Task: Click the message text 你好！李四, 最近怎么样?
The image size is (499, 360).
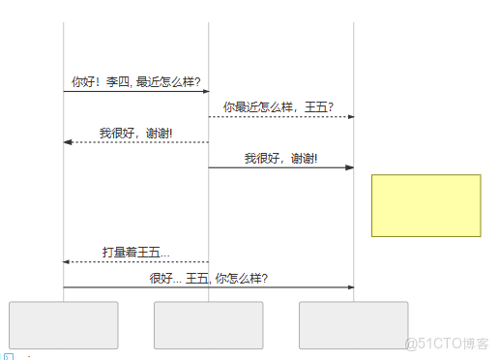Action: [x=136, y=82]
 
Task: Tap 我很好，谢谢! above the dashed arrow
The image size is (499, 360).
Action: [x=136, y=133]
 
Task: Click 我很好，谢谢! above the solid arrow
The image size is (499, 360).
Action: [x=280, y=158]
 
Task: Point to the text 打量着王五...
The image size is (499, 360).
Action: [x=136, y=253]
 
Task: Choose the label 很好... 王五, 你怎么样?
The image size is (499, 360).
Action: [x=209, y=278]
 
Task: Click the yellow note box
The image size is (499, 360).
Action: [x=426, y=205]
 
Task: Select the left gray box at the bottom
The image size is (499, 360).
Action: [x=64, y=325]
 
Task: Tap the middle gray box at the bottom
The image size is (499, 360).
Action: [x=209, y=325]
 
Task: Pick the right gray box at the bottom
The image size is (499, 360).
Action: [x=353, y=325]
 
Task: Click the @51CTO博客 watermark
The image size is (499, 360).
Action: [x=446, y=343]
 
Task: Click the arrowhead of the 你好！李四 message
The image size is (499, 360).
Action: [x=205, y=92]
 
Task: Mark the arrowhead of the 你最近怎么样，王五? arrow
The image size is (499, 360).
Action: [x=350, y=117]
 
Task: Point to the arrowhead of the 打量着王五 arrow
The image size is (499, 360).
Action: [x=68, y=262]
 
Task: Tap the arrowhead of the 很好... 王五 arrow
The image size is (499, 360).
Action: [x=350, y=287]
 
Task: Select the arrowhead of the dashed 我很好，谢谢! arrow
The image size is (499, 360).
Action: [x=68, y=142]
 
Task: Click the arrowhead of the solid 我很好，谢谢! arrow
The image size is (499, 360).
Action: [x=350, y=167]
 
